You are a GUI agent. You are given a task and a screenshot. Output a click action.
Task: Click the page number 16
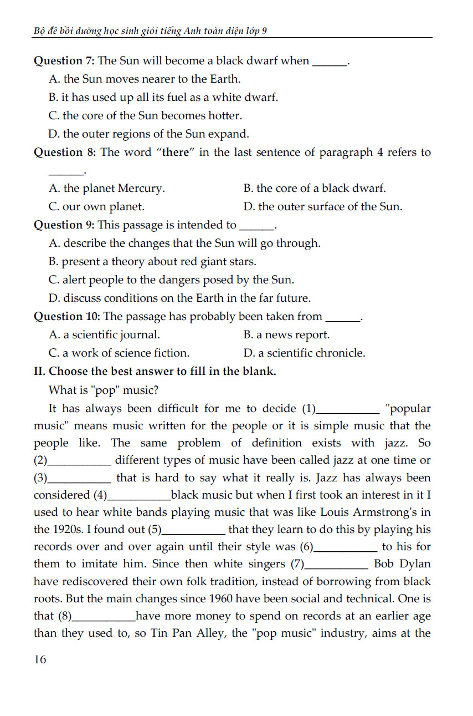tap(40, 659)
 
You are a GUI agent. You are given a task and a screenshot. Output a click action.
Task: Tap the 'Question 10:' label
tap(67, 317)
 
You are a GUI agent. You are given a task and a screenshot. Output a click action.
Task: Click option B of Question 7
tap(163, 98)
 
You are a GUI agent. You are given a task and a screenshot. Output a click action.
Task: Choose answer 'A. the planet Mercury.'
tap(107, 189)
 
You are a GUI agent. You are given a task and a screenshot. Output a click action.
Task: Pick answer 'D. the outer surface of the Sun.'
tap(323, 207)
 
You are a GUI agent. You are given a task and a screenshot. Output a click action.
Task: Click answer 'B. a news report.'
tap(286, 335)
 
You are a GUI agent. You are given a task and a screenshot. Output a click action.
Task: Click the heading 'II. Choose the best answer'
tap(155, 372)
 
